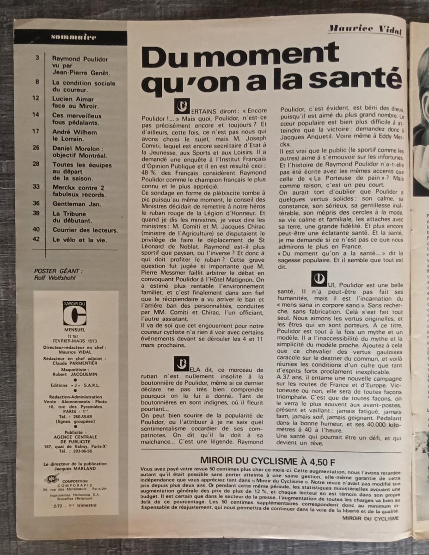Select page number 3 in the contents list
coord(37,58)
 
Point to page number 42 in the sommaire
coord(36,240)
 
